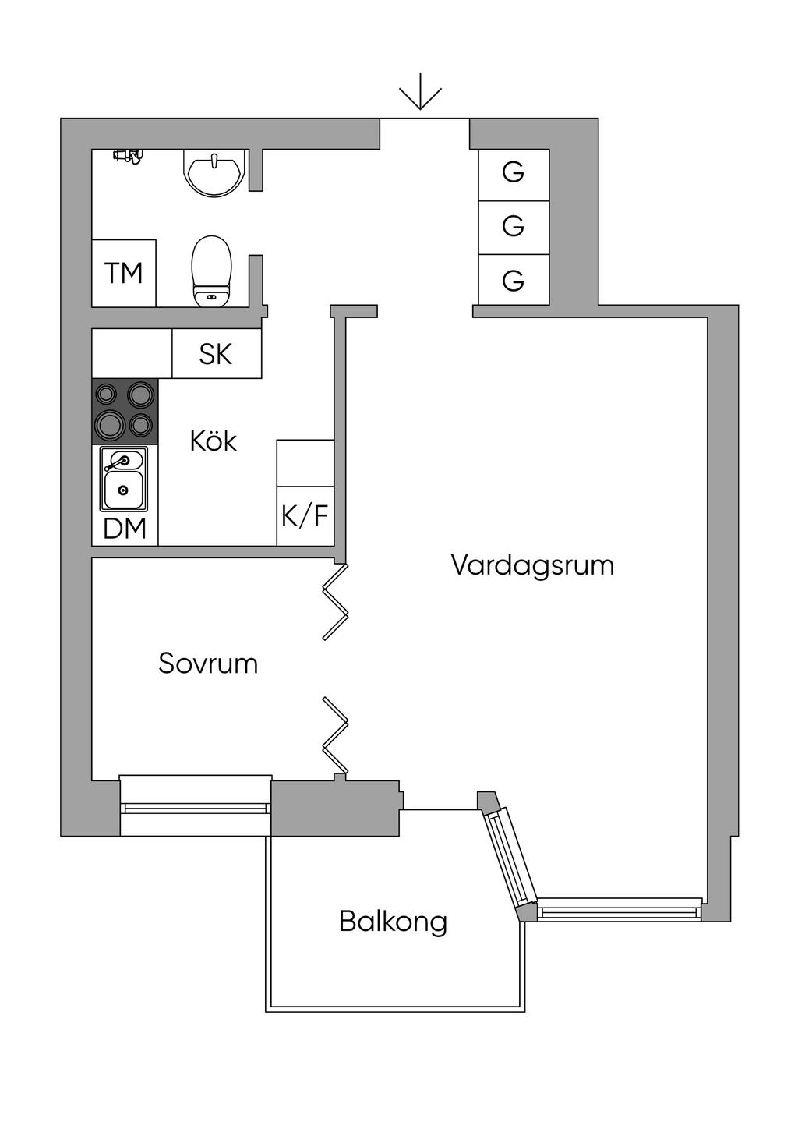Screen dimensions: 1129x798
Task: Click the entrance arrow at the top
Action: pos(421,92)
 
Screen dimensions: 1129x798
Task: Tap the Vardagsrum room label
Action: pos(532,564)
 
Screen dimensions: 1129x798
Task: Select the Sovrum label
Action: pos(208,664)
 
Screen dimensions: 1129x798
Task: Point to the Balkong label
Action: pos(393,922)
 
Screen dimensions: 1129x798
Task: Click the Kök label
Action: pos(213,441)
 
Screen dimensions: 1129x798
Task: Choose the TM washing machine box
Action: pos(124,273)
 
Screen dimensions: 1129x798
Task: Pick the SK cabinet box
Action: pos(216,354)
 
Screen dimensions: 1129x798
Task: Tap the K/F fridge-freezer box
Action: pos(305,515)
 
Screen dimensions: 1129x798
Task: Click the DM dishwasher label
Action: pos(125,529)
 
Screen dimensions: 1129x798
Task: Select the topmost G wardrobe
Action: pos(514,172)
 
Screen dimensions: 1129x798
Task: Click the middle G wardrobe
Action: pos(514,227)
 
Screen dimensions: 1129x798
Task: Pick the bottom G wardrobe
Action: pos(514,280)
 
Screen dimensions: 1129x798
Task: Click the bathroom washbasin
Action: pos(214,172)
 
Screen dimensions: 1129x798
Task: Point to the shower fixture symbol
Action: pos(127,156)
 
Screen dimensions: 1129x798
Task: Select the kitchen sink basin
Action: pos(124,489)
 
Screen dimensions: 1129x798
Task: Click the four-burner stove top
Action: pos(125,411)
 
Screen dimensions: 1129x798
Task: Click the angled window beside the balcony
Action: pos(511,858)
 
